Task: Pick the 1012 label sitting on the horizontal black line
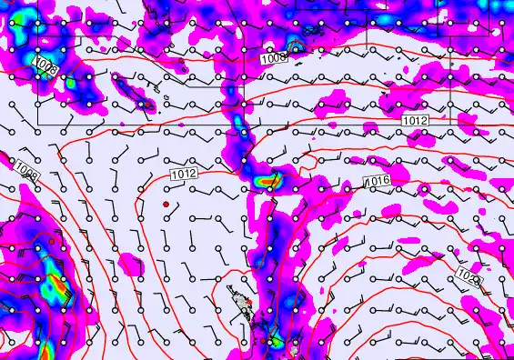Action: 415,119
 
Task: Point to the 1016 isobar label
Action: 378,182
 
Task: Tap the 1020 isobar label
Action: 469,274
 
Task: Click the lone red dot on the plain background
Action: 166,205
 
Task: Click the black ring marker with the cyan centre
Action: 293,45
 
